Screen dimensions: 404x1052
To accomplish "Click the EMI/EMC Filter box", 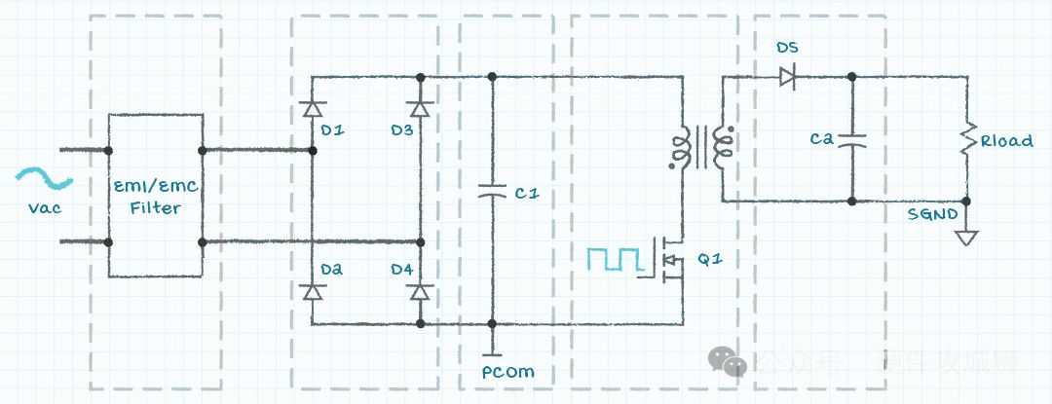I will coord(155,196).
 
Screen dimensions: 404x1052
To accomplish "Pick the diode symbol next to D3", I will coord(420,108).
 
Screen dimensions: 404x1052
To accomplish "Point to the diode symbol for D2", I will coord(312,291).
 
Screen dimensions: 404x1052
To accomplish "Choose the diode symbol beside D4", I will coord(420,291).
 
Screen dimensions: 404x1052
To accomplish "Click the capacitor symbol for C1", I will coord(493,193).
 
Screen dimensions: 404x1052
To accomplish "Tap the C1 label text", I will coord(527,194).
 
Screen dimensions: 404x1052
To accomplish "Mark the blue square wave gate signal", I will coord(614,259).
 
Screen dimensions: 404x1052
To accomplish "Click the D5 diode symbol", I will coord(787,76).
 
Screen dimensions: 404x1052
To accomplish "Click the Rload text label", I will coord(1006,141).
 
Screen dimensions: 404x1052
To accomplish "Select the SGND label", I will coord(939,213).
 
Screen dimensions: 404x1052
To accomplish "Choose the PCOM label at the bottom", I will coord(507,372).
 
